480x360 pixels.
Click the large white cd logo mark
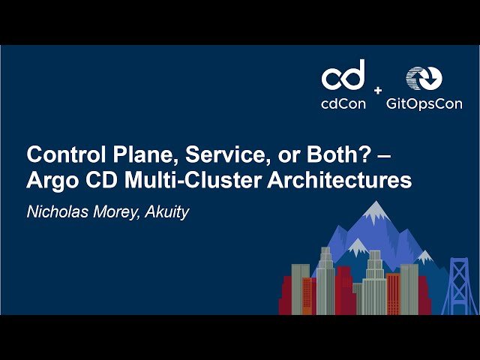[x=343, y=74]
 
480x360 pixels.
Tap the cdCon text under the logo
[x=343, y=103]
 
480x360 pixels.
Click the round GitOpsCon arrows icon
[x=424, y=79]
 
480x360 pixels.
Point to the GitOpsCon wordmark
[x=424, y=103]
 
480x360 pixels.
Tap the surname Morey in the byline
[x=112, y=211]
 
